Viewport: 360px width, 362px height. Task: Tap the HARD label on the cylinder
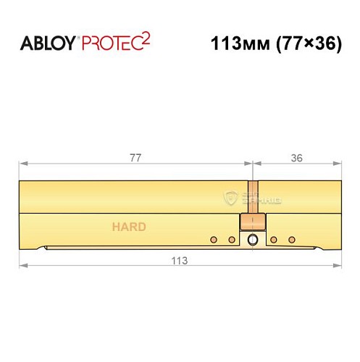point(128,227)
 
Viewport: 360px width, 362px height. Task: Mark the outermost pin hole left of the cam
point(213,240)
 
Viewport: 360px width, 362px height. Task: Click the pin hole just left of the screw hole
point(232,240)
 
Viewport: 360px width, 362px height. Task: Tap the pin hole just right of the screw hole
point(273,240)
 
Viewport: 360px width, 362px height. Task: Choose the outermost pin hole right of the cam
point(292,240)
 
